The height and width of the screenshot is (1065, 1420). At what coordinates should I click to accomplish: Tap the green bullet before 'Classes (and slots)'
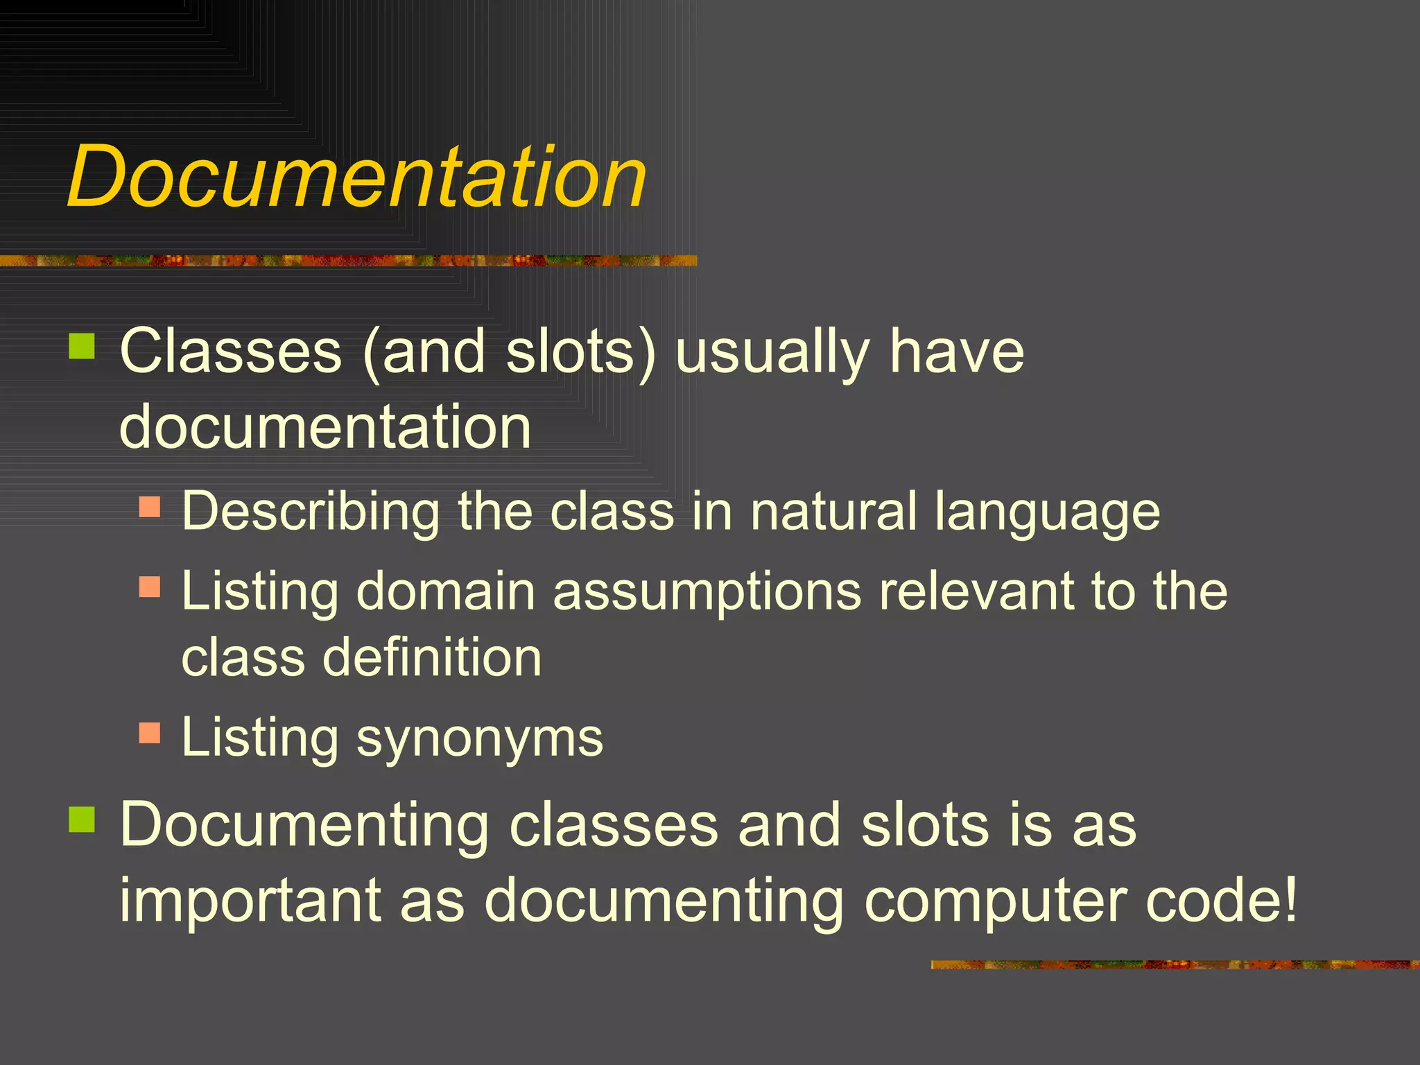tap(82, 346)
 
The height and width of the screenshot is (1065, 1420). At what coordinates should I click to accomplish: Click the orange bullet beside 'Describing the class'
tap(150, 507)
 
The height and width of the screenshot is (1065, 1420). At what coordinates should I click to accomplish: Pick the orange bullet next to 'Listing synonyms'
tap(150, 733)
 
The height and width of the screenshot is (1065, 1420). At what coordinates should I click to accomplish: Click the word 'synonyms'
tap(479, 739)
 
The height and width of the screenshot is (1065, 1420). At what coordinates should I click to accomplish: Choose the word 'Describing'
tap(311, 513)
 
